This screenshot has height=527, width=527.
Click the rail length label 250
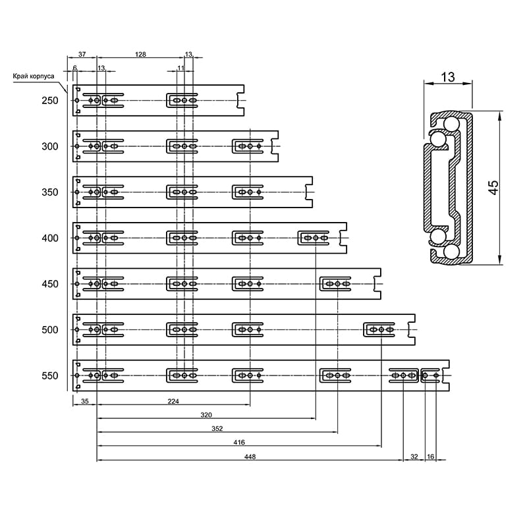(50, 101)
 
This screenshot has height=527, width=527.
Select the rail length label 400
(50, 238)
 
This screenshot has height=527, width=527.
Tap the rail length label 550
(50, 375)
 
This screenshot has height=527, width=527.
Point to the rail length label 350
(50, 192)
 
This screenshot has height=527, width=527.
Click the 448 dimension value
(250, 457)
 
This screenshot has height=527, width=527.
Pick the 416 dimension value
(239, 442)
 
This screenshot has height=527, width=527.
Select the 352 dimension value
(217, 429)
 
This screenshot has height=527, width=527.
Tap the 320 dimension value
(206, 415)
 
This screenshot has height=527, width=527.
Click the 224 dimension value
(173, 401)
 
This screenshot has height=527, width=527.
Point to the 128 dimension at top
(140, 54)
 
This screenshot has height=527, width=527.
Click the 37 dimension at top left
(82, 54)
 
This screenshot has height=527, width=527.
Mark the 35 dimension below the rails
(85, 401)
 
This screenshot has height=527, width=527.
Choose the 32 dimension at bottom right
(414, 457)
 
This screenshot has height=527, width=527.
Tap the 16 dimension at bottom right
(431, 457)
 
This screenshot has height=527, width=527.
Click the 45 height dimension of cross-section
(493, 188)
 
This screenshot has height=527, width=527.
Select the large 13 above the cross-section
(448, 77)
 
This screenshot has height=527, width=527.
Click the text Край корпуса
(34, 76)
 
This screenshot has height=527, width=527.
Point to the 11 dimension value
(180, 68)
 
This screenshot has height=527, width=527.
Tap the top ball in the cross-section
(452, 124)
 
